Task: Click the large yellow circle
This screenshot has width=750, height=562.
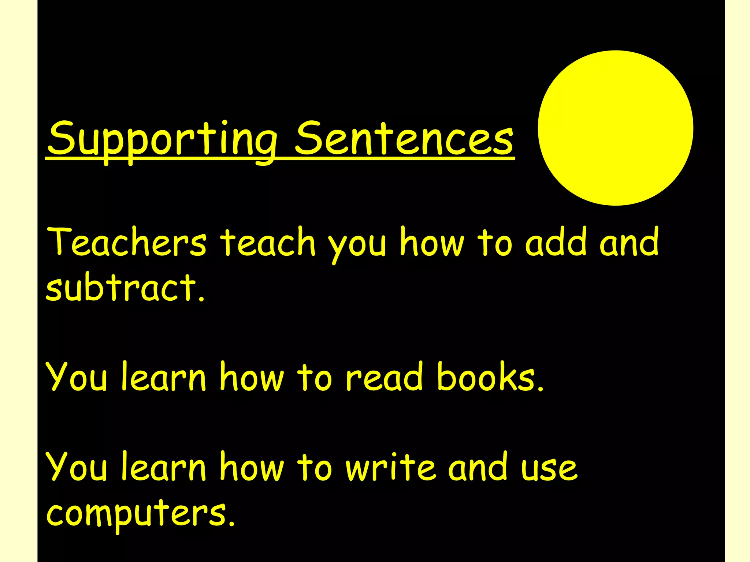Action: coord(615,128)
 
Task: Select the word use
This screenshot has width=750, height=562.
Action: coord(549,468)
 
